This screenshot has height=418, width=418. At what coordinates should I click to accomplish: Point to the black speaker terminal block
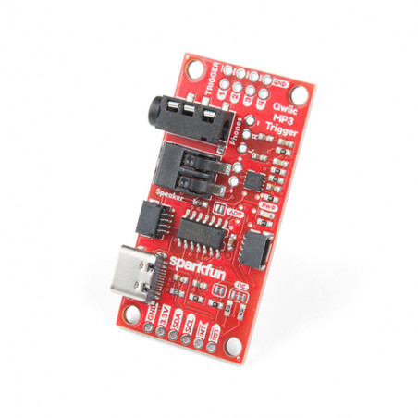click(x=190, y=171)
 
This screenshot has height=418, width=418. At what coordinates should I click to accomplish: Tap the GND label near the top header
click(x=279, y=82)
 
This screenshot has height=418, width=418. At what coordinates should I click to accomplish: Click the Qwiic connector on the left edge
click(x=150, y=216)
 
